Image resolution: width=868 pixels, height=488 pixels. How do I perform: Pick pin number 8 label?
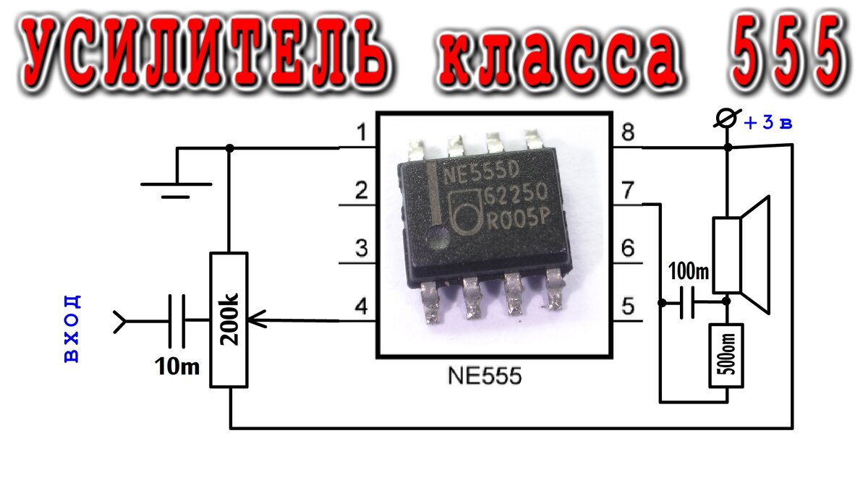click(x=627, y=133)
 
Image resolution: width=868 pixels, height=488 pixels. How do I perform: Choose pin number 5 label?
click(x=628, y=307)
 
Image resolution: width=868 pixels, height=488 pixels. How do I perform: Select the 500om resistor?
click(x=726, y=356)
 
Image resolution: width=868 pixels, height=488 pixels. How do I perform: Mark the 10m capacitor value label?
click(x=176, y=367)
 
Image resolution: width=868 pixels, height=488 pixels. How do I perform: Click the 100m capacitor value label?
click(x=689, y=273)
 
